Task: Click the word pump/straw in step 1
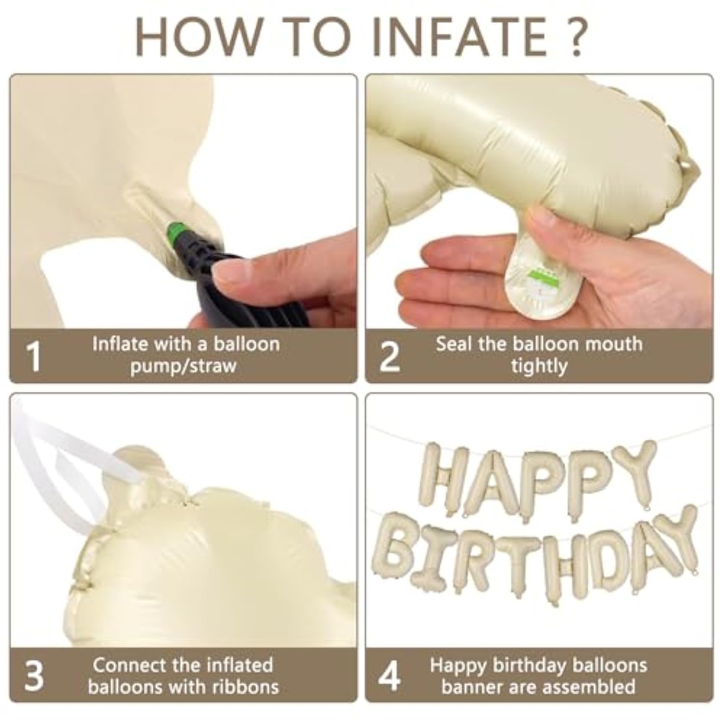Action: (184, 366)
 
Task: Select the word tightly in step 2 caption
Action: (539, 366)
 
